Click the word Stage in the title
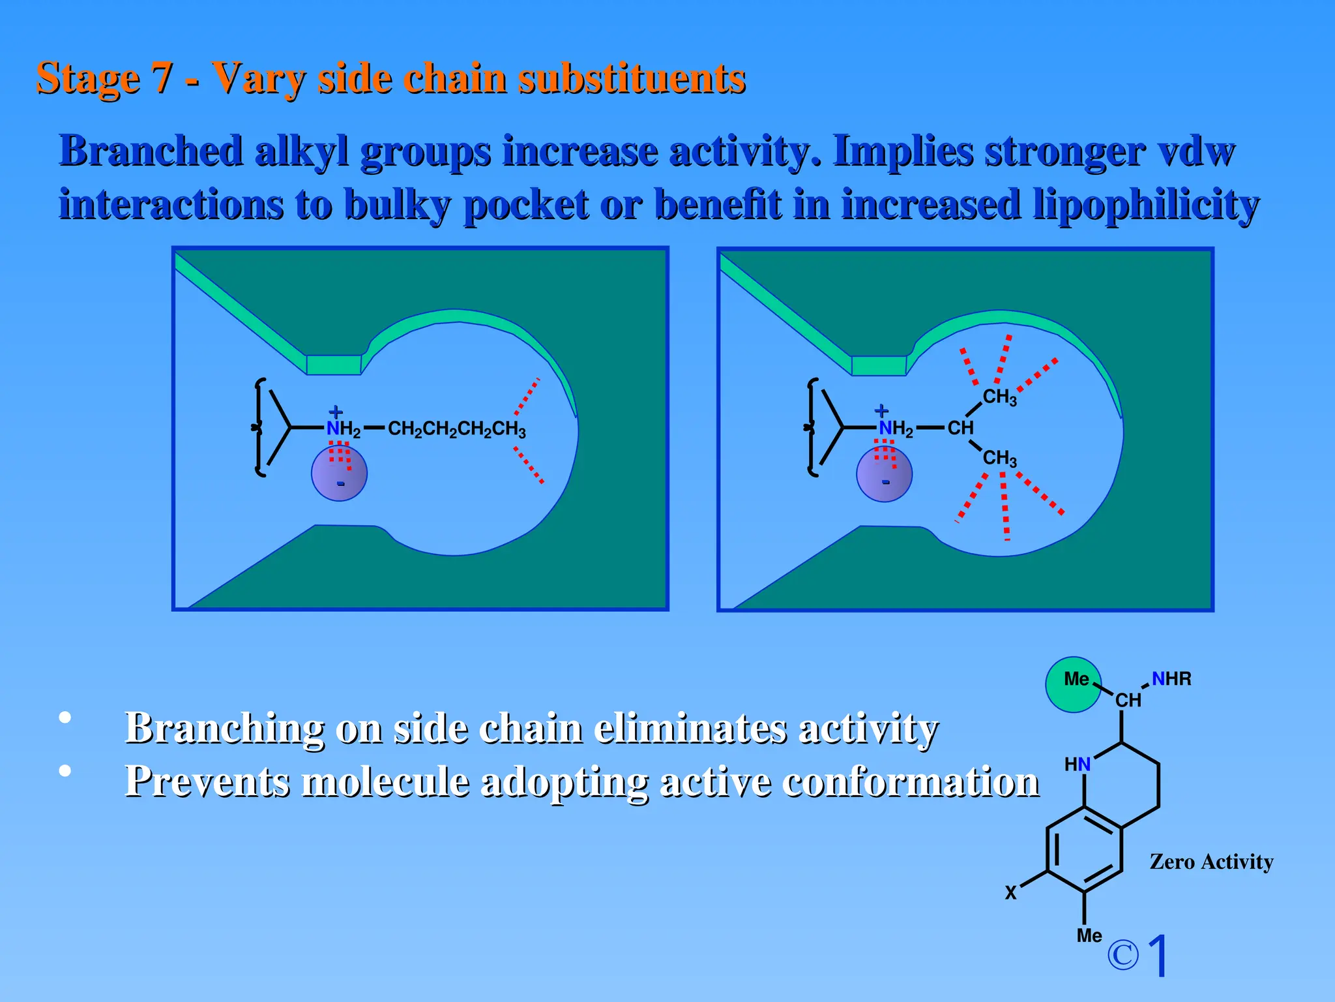coord(88,79)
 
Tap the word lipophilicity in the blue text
coord(1146,205)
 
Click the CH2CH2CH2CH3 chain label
coord(456,429)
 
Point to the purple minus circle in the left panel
coord(339,474)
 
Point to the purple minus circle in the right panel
coord(884,474)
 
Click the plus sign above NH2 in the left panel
coord(336,412)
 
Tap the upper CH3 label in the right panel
coord(999,397)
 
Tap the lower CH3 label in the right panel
coord(999,458)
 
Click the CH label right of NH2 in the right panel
coord(960,428)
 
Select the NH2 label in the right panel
coord(896,429)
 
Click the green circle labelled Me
coord(1073,684)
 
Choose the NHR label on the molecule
coord(1171,679)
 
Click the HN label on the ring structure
coord(1077,764)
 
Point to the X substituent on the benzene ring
coord(1010,892)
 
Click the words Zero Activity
coord(1211,862)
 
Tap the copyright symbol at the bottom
coord(1122,955)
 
